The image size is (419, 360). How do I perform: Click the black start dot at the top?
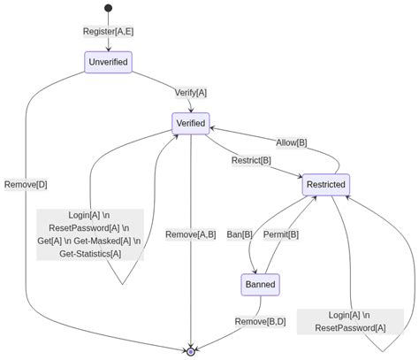[x=108, y=9]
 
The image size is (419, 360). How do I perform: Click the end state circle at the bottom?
[x=190, y=351]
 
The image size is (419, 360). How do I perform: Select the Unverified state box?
[x=108, y=62]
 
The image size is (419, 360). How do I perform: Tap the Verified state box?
[x=190, y=123]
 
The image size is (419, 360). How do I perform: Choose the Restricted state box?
[x=326, y=185]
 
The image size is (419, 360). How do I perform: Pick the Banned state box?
[x=260, y=285]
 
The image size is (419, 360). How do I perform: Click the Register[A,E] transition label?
[x=108, y=32]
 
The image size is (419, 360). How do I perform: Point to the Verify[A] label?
[x=190, y=92]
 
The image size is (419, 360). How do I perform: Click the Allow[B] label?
[x=292, y=142]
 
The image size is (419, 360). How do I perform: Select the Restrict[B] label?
[x=251, y=160]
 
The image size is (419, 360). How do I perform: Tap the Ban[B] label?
[x=240, y=234]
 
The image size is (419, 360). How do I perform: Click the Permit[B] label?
[x=281, y=234]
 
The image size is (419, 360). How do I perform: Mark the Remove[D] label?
[x=26, y=185]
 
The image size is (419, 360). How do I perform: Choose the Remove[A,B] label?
[x=190, y=234]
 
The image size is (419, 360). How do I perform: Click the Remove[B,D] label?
[x=260, y=321]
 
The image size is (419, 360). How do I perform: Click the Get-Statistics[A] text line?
[x=89, y=254]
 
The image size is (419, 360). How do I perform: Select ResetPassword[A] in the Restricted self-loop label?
[x=350, y=328]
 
